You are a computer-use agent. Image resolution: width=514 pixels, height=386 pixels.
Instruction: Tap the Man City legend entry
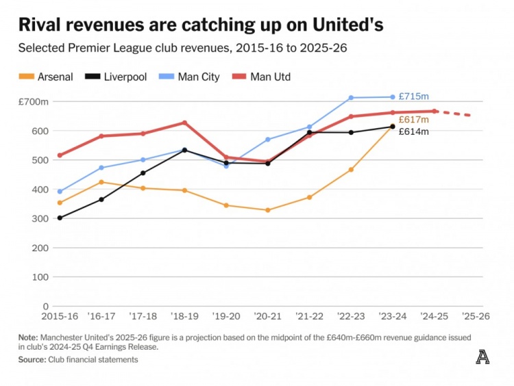[191, 77]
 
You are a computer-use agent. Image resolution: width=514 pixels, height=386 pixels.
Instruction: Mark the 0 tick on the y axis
[46, 306]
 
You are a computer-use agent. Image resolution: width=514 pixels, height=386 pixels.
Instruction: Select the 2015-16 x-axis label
[59, 318]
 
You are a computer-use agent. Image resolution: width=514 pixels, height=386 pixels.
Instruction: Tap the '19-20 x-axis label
[225, 318]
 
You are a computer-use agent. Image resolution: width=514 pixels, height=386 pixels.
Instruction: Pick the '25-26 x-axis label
[476, 318]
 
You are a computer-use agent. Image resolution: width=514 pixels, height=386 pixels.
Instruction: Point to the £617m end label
[413, 119]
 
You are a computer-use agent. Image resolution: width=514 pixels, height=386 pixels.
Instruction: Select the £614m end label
[413, 131]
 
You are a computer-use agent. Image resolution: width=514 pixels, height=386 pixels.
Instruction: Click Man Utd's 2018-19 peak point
[184, 123]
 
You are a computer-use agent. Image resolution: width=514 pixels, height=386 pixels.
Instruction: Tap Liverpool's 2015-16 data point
[60, 218]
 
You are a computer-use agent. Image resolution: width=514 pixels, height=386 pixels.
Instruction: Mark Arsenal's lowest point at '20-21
[268, 210]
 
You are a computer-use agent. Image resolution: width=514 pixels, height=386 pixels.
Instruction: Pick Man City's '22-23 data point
[351, 98]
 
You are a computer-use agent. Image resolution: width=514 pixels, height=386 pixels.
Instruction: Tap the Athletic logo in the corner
[482, 357]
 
